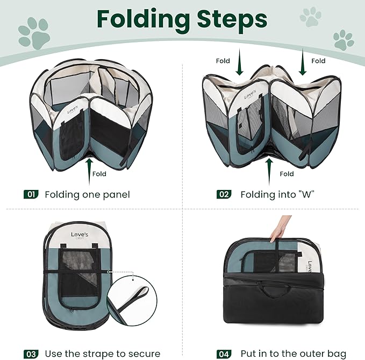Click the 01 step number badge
point(31,194)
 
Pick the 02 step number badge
point(224,194)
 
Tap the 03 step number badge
point(31,354)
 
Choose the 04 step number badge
point(224,354)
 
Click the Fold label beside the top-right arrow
point(318,61)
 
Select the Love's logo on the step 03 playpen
point(82,236)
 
